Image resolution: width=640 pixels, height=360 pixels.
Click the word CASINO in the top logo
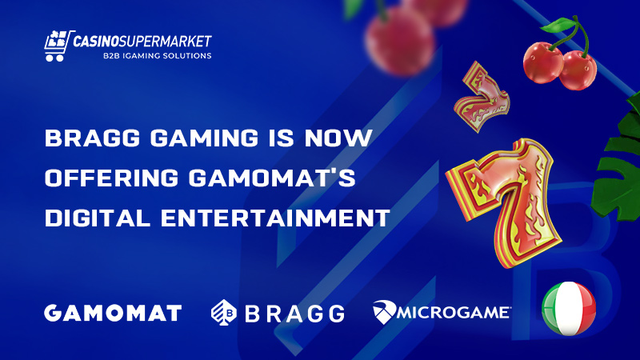point(95,42)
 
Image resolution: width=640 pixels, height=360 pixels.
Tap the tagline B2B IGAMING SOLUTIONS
point(157,56)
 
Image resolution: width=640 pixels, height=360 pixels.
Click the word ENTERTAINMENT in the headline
point(275,218)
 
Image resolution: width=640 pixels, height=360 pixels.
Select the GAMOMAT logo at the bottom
point(113,313)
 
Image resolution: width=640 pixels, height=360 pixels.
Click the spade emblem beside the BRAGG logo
point(224,312)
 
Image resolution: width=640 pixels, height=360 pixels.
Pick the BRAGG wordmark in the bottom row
point(294,314)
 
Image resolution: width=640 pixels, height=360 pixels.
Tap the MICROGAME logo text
point(454,313)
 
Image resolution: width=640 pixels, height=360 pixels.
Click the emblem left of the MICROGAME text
point(384,312)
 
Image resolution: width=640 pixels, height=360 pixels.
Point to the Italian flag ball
point(569,309)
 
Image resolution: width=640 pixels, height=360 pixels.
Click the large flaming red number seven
point(505,202)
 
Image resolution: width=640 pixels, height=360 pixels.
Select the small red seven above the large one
point(482,97)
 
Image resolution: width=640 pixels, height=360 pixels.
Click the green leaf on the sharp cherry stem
point(558,25)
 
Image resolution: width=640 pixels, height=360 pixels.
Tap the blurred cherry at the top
point(399,39)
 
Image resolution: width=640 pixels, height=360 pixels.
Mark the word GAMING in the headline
point(204,138)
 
